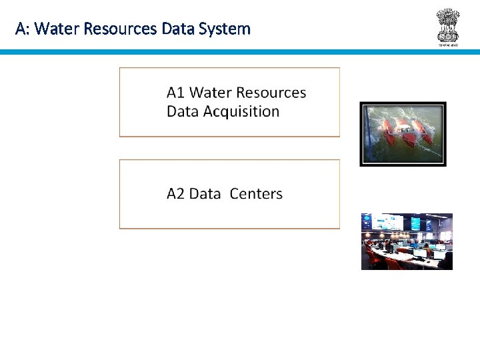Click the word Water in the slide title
[53, 29]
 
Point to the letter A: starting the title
[22, 29]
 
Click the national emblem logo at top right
[448, 24]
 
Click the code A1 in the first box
[176, 93]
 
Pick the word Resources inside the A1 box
[271, 93]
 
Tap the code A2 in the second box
[176, 194]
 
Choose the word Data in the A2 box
[205, 194]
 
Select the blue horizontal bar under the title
[240, 51]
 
